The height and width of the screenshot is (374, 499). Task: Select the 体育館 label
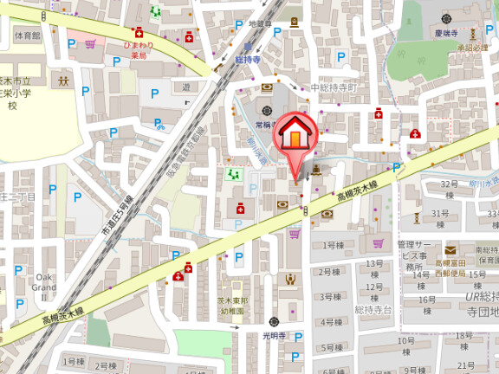click(28, 35)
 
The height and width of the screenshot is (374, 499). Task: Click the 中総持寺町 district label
click(334, 88)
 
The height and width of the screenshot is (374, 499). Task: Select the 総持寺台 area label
click(374, 309)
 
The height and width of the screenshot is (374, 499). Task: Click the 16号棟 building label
click(426, 300)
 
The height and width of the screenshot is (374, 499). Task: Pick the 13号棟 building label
click(373, 263)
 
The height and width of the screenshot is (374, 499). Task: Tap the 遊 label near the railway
click(185, 87)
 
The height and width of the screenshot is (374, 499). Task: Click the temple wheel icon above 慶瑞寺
click(446, 18)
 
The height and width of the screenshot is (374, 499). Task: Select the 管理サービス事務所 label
click(413, 250)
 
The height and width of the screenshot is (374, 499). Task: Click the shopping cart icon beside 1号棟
click(295, 234)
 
